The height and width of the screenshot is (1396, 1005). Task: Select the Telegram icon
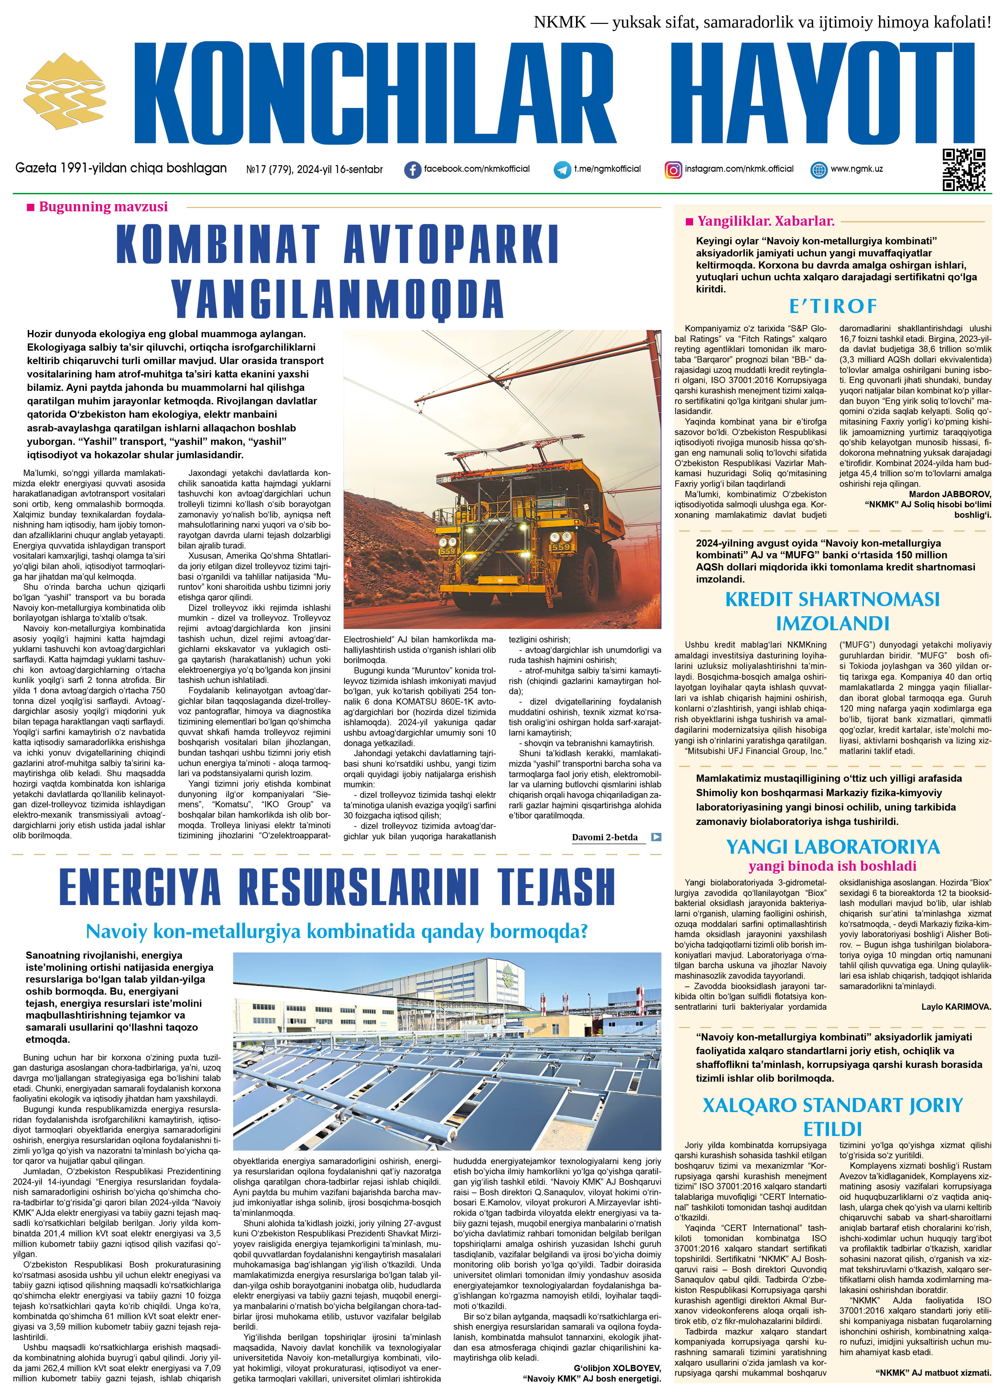tap(562, 170)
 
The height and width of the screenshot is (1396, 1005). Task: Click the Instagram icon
tap(673, 170)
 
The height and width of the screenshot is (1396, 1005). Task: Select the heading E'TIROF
tap(833, 306)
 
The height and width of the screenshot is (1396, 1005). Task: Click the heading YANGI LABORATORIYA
tap(833, 847)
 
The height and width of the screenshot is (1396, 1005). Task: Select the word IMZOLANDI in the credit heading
tap(833, 623)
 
